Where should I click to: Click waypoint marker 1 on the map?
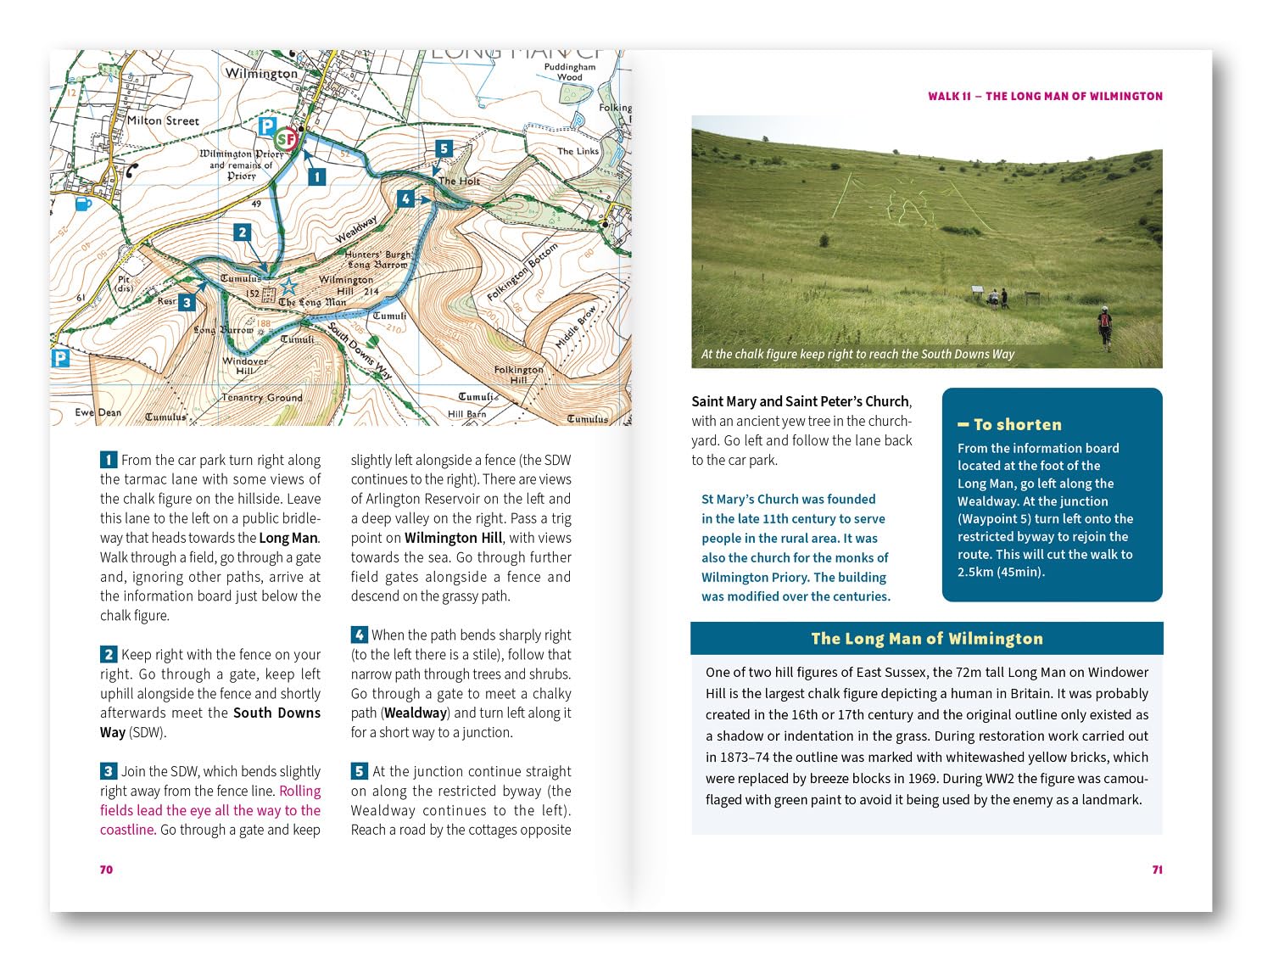[316, 176]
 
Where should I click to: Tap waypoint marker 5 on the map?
[443, 148]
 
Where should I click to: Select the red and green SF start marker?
[287, 138]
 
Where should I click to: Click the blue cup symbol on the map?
[83, 204]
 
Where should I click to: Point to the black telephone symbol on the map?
[132, 170]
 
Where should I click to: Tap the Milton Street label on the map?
[163, 120]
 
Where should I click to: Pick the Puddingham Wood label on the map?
[570, 71]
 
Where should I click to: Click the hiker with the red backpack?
[1104, 327]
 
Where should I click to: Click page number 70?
[106, 870]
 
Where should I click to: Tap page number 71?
[1157, 870]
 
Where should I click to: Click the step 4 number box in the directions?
[360, 635]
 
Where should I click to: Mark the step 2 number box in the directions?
[109, 654]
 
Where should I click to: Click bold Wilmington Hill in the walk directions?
[453, 538]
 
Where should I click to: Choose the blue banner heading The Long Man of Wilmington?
[926, 639]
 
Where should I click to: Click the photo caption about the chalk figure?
[857, 354]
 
